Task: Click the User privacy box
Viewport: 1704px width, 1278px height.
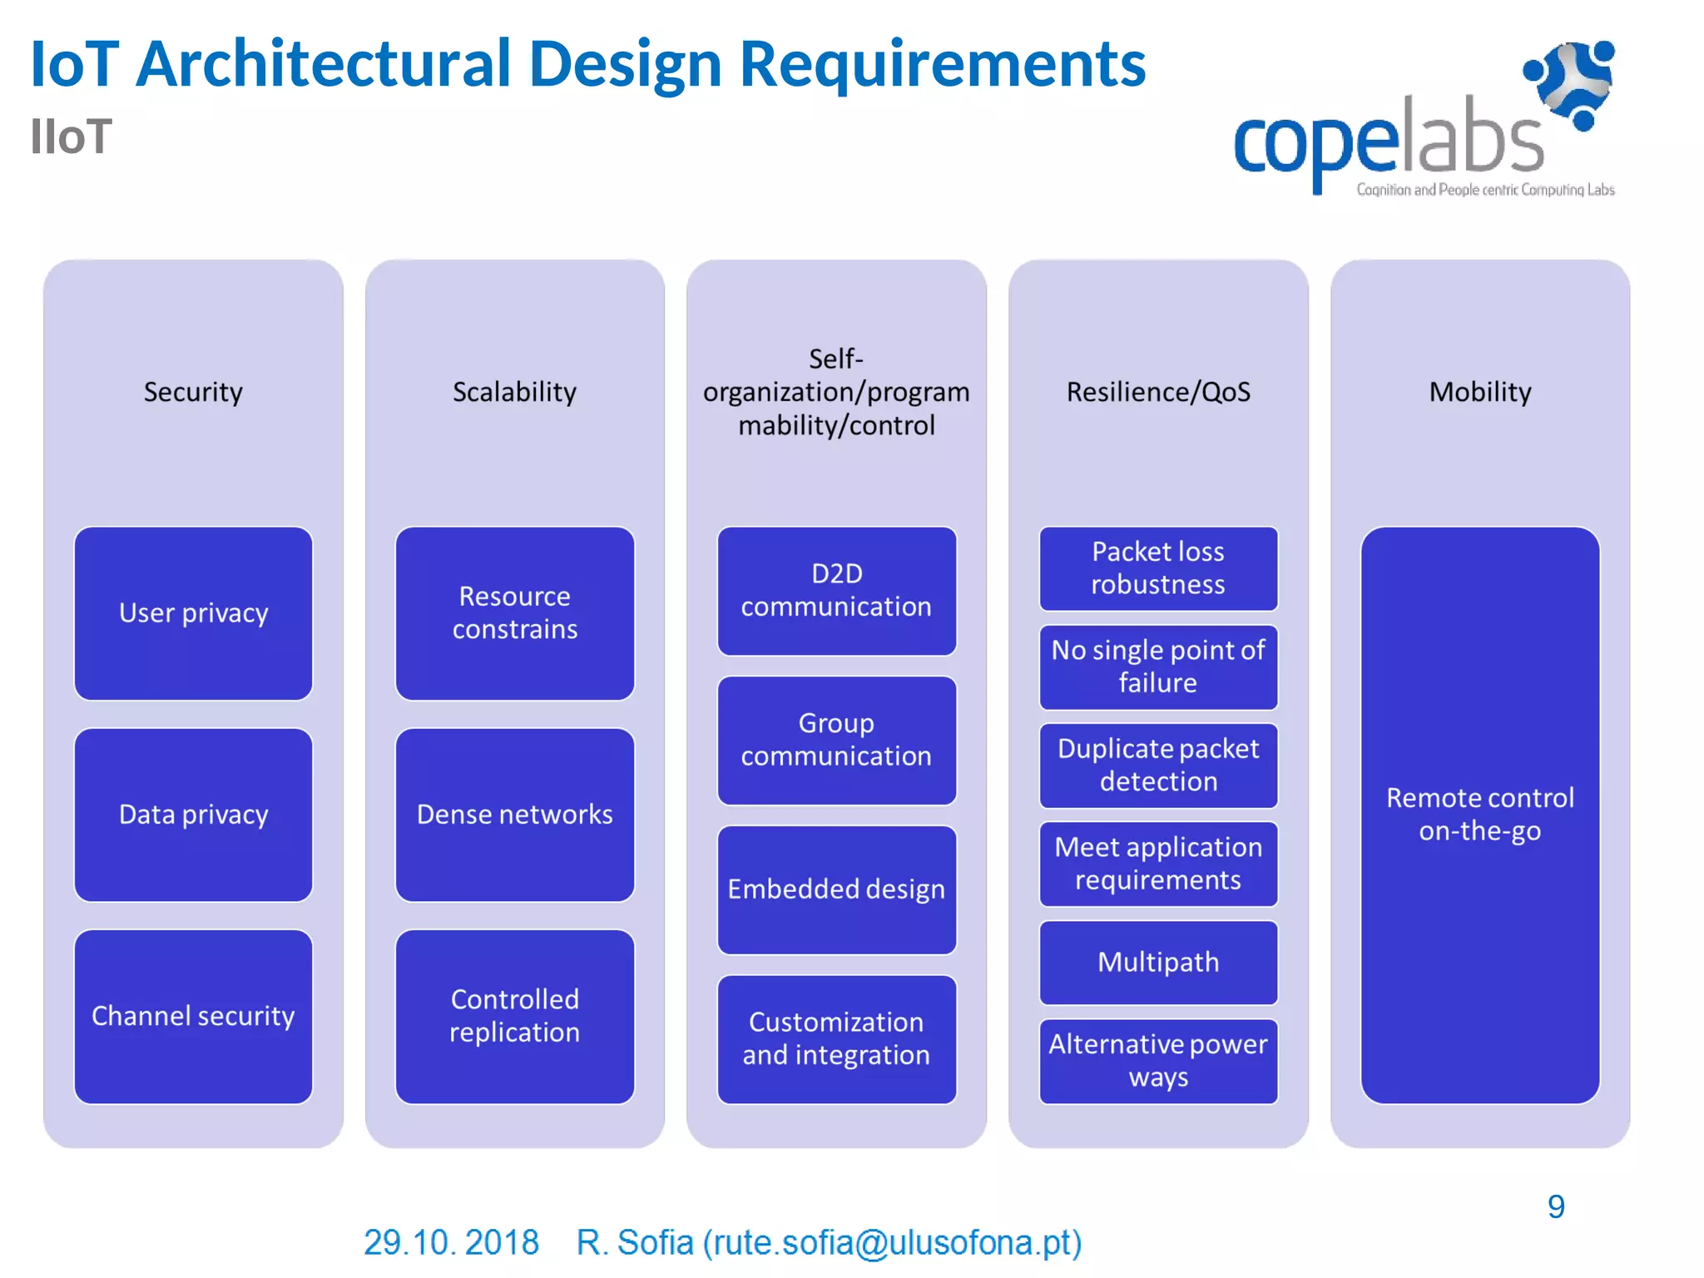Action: [x=193, y=613]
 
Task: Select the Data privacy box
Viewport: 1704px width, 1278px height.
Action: [x=193, y=815]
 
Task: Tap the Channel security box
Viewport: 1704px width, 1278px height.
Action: [x=193, y=1016]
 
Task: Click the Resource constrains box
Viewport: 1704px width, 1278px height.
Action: [x=514, y=613]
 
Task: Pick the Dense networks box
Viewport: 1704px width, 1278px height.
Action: [x=514, y=815]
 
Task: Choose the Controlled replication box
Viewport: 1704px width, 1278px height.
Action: [x=514, y=1016]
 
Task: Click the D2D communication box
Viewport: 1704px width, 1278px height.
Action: [x=836, y=591]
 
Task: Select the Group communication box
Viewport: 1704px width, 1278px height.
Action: [x=836, y=740]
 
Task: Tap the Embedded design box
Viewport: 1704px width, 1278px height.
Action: [x=836, y=889]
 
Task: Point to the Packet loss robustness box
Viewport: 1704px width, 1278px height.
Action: [x=1157, y=568]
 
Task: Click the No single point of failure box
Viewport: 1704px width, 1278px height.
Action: [x=1157, y=666]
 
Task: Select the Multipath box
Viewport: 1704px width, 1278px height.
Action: [x=1157, y=962]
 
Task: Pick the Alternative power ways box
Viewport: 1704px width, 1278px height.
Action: [x=1157, y=1060]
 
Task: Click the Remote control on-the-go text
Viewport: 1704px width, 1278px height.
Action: [x=1479, y=815]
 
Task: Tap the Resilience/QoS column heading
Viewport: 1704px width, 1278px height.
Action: [x=1157, y=392]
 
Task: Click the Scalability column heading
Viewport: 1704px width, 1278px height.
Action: [x=514, y=392]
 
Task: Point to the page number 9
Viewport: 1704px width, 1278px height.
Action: [x=1555, y=1206]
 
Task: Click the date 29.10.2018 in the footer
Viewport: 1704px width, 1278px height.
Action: [x=451, y=1242]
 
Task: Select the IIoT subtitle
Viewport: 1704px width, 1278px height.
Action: [x=71, y=137]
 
